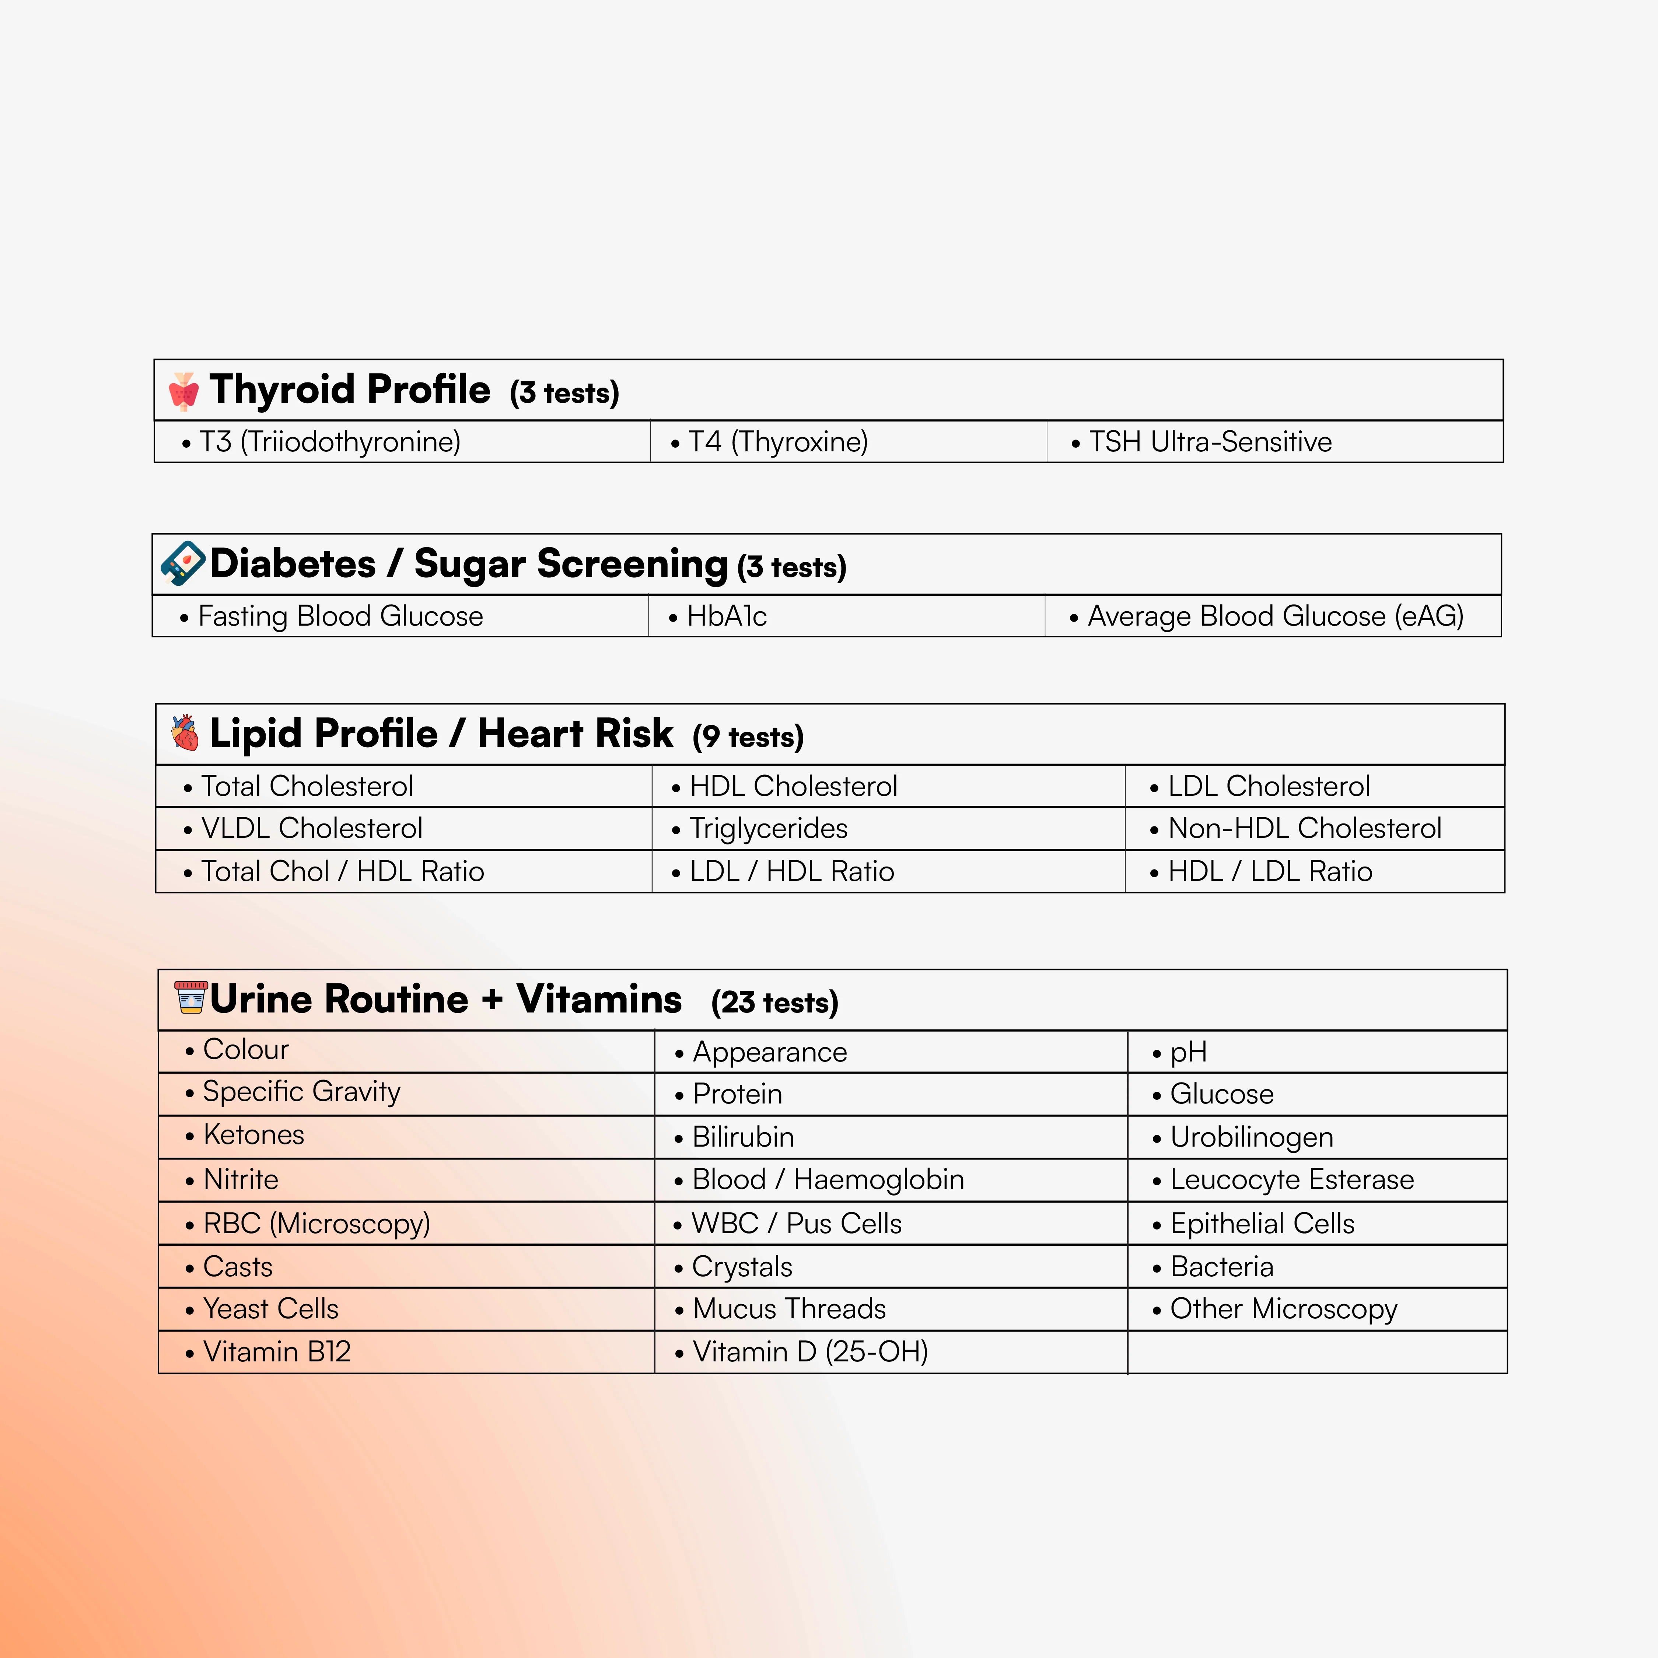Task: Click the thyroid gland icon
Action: [183, 391]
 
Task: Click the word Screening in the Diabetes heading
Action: [571, 564]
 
